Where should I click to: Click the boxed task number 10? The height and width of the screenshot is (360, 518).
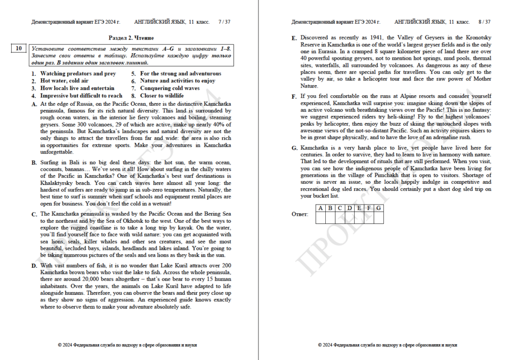click(18, 49)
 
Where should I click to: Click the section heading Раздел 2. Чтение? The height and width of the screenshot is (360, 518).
click(131, 38)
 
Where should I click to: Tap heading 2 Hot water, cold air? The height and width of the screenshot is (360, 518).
click(64, 81)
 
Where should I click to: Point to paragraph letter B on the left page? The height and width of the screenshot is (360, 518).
click(34, 163)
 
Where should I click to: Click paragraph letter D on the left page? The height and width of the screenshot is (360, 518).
click(34, 265)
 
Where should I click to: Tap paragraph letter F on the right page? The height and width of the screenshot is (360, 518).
click(294, 96)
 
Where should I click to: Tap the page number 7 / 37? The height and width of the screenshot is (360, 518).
click(224, 22)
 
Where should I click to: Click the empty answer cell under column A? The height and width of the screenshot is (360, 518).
click(320, 218)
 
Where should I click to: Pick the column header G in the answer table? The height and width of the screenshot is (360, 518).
click(378, 208)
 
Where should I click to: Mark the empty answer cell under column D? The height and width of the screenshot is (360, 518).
click(350, 218)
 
